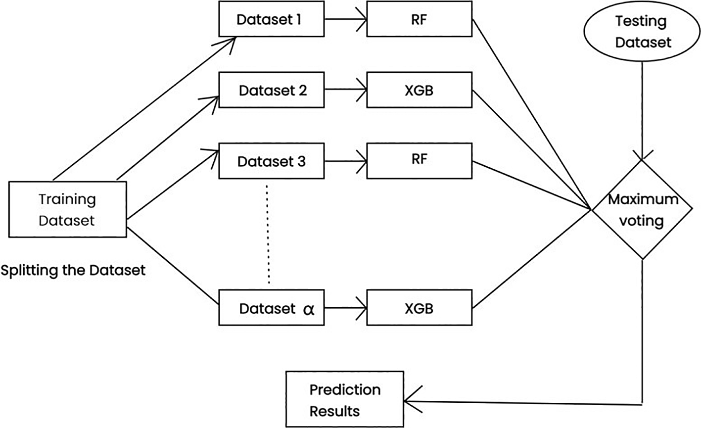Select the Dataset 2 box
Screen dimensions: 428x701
[272, 91]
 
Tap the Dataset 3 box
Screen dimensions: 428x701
[272, 162]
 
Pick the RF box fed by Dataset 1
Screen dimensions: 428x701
[419, 21]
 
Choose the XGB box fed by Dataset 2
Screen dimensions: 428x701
[419, 91]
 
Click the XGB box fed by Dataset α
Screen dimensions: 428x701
[419, 309]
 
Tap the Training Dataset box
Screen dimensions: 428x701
[67, 210]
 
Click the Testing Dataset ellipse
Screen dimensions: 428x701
[642, 31]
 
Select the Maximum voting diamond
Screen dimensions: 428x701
[642, 209]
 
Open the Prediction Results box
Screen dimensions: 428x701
[345, 400]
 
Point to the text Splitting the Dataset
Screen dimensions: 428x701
[73, 271]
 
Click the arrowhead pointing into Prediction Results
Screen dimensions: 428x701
[411, 401]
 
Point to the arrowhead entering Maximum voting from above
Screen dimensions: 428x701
[642, 155]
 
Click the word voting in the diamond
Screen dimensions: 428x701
[642, 220]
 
